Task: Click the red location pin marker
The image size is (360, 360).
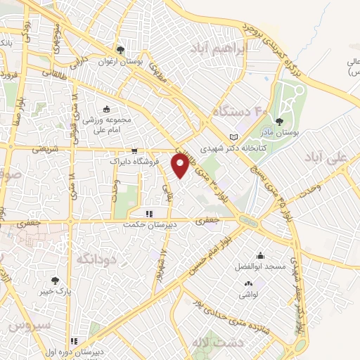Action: click(x=181, y=166)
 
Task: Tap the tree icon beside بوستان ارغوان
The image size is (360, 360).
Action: click(x=122, y=50)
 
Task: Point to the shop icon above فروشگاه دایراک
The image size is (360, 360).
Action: click(x=134, y=151)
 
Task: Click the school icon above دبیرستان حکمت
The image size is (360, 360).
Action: click(x=148, y=214)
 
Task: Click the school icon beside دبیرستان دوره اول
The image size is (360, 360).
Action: click(x=72, y=341)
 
